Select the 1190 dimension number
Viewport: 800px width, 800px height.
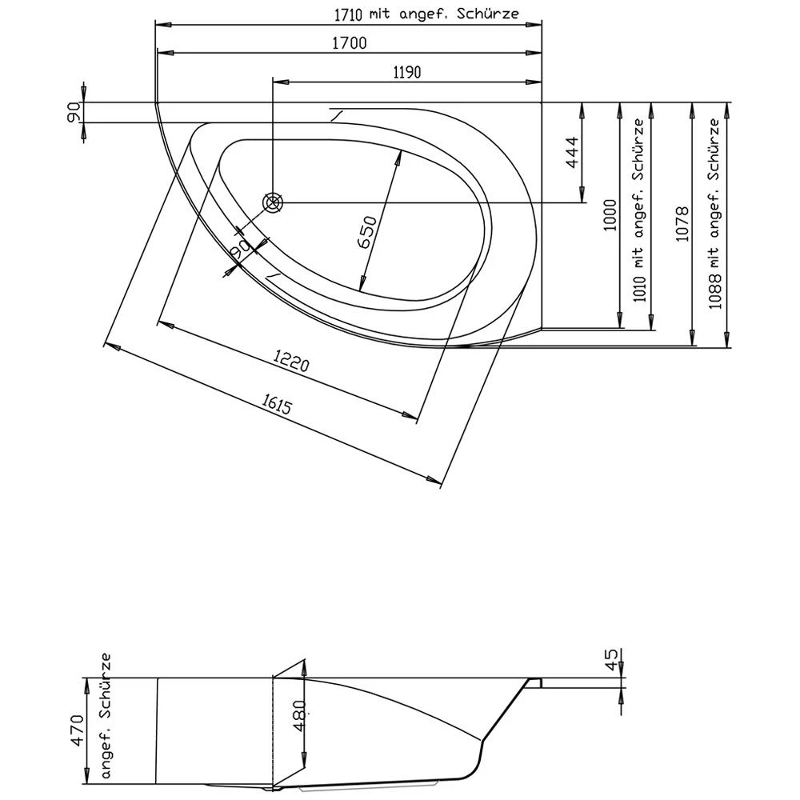click(406, 72)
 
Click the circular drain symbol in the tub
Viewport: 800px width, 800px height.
click(274, 202)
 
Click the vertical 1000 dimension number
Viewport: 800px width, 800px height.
click(610, 214)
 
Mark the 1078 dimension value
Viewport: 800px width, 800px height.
click(682, 223)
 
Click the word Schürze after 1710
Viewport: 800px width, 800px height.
click(490, 14)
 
